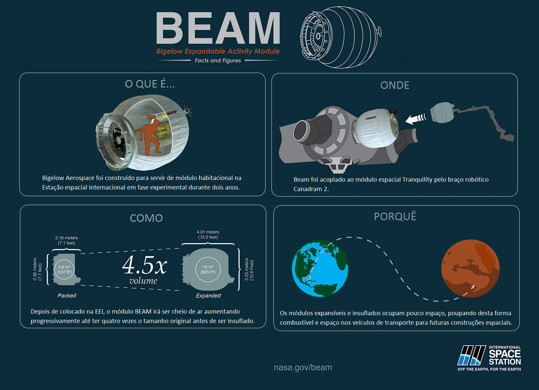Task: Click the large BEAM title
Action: (218, 28)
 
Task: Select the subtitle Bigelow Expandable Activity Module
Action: (218, 51)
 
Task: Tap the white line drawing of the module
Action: (341, 37)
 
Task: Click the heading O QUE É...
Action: (150, 84)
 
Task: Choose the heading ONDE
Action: (395, 85)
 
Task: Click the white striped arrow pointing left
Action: (416, 119)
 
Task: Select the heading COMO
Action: (146, 218)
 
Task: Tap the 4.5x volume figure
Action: (144, 269)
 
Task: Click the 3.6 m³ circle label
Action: (64, 269)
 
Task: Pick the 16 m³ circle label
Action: (208, 269)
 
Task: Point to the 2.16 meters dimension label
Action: (66, 240)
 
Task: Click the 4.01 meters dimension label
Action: (208, 235)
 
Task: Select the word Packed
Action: (67, 296)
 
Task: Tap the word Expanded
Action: (208, 296)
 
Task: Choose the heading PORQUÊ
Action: (395, 216)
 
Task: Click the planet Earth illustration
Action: (320, 268)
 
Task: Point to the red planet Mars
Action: (470, 268)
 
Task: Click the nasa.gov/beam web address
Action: (303, 367)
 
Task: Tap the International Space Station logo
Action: (489, 358)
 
